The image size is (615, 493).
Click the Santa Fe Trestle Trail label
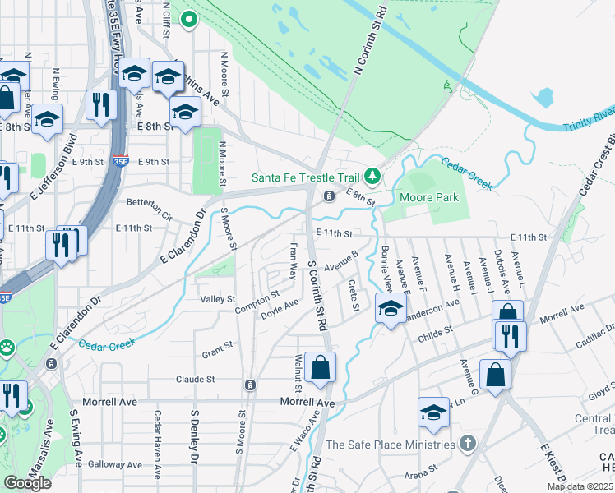click(307, 177)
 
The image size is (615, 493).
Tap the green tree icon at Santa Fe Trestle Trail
click(372, 176)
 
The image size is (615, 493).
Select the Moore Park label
click(428, 197)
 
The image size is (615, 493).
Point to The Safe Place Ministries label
click(391, 445)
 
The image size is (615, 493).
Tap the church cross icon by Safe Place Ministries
click(468, 444)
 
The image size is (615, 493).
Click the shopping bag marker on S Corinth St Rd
click(321, 367)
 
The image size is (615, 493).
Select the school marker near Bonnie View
click(390, 310)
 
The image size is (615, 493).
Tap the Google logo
click(27, 482)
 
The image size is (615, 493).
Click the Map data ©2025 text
click(579, 486)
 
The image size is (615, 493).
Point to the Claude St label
click(195, 380)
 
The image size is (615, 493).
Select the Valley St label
click(219, 300)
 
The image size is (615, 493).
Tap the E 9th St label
click(154, 162)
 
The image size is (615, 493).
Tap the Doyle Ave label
click(280, 310)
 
